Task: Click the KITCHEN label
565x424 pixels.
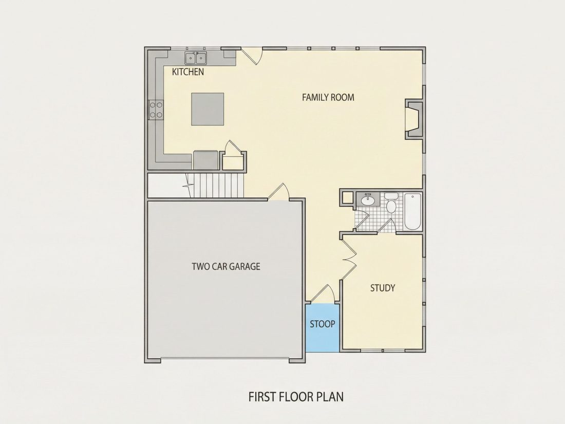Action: click(187, 72)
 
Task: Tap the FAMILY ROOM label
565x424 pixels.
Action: click(328, 97)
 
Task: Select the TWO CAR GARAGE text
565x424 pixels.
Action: click(226, 266)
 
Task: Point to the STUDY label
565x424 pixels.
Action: click(383, 288)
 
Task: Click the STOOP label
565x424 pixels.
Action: click(323, 324)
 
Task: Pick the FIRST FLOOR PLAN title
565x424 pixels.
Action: click(296, 397)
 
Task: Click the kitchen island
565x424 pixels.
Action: click(208, 109)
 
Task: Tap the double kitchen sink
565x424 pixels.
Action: click(196, 58)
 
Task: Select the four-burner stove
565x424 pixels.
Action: click(156, 109)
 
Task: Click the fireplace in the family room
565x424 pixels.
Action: click(415, 119)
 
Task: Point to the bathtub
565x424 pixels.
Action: click(413, 212)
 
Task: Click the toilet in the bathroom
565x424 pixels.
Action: click(391, 203)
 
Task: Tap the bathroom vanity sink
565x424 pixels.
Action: click(368, 199)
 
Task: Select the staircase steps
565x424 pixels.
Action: click(217, 185)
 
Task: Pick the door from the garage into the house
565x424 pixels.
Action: click(278, 192)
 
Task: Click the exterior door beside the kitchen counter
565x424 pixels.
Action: click(252, 56)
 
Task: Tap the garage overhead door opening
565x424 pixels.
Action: click(225, 359)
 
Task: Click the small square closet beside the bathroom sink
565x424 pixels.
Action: click(348, 198)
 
